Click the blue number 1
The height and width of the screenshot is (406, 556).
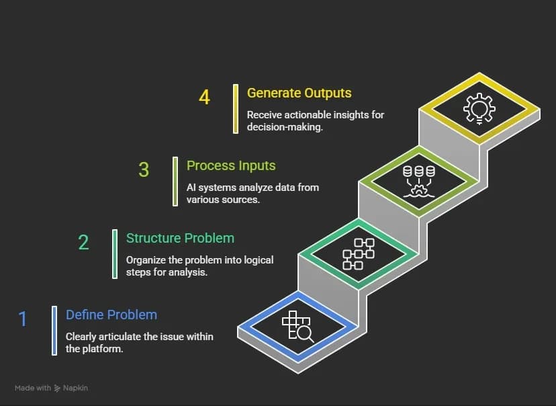pyautogui.click(x=23, y=319)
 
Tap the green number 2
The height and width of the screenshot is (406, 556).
pyautogui.click(x=83, y=242)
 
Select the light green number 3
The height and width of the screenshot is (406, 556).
pyautogui.click(x=144, y=169)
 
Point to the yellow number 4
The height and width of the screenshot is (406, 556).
pyautogui.click(x=204, y=97)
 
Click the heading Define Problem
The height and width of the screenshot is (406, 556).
pyautogui.click(x=111, y=315)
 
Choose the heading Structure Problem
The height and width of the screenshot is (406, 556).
pyautogui.click(x=180, y=238)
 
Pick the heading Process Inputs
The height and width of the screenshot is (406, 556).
pyautogui.click(x=231, y=165)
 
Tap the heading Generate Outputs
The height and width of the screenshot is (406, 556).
pyautogui.click(x=299, y=93)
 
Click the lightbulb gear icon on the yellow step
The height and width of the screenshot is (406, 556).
pyautogui.click(x=479, y=108)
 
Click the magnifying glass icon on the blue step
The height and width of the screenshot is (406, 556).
pyautogui.click(x=297, y=326)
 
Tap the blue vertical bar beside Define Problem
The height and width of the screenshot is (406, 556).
pyautogui.click(x=54, y=330)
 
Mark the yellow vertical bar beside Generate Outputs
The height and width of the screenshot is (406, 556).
pyautogui.click(x=236, y=108)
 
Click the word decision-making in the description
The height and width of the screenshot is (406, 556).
pyautogui.click(x=285, y=128)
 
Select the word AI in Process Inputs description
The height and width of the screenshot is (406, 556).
pyautogui.click(x=192, y=188)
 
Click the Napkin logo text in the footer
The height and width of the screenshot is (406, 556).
pyautogui.click(x=76, y=388)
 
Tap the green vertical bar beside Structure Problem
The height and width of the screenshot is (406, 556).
pyautogui.click(x=115, y=253)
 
